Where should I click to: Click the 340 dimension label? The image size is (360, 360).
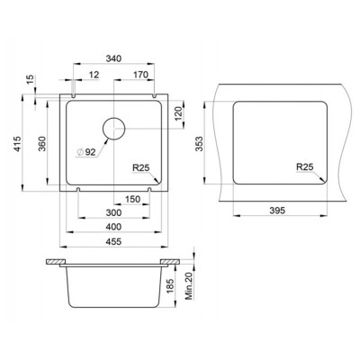click(x=113, y=58)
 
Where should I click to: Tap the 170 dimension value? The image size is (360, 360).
click(x=140, y=75)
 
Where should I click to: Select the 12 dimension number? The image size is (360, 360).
click(x=94, y=75)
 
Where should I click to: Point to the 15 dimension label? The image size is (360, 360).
click(x=31, y=80)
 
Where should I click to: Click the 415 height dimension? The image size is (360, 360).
click(x=18, y=144)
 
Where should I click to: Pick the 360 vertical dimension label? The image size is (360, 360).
click(x=42, y=144)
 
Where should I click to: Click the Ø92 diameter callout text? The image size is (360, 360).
click(x=86, y=152)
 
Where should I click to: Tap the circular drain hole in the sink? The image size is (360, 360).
click(x=113, y=129)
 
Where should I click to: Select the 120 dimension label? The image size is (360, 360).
click(x=178, y=113)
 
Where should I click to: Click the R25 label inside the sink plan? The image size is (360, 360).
click(x=141, y=168)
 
